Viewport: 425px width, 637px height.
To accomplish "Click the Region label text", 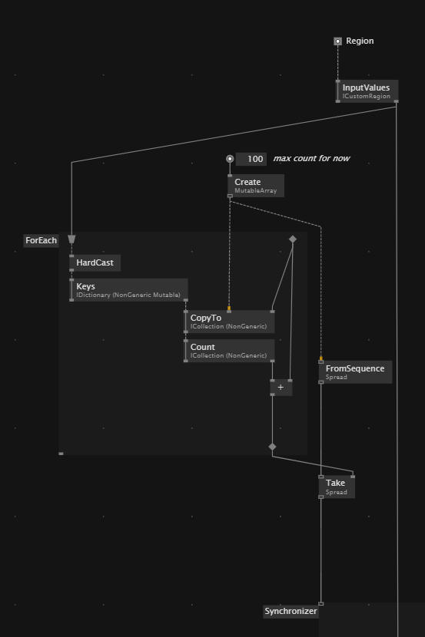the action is click(360, 41).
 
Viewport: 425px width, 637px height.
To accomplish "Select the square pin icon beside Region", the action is click(337, 41).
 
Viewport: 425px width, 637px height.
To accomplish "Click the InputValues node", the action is click(367, 91).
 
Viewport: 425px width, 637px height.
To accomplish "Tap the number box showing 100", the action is click(251, 159).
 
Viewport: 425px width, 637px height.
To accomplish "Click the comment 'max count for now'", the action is click(311, 158).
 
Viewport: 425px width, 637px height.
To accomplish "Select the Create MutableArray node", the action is click(256, 186).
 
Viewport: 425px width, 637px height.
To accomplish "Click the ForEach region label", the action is click(41, 240).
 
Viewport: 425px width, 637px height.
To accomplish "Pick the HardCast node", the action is click(95, 262).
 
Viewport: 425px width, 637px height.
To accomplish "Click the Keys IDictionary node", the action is click(128, 290).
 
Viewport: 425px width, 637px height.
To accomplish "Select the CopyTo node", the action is click(229, 322).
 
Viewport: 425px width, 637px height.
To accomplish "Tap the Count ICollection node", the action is click(229, 351).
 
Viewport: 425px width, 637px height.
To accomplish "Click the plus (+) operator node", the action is click(281, 388).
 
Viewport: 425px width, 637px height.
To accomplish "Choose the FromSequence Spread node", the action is click(356, 372).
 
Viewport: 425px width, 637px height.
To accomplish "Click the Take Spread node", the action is click(337, 487).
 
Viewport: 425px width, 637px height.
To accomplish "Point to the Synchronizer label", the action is click(291, 611).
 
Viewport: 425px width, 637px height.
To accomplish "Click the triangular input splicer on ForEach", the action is click(71, 239).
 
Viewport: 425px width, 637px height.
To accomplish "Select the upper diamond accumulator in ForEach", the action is click(292, 239).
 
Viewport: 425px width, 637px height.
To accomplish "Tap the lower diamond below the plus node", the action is click(273, 447).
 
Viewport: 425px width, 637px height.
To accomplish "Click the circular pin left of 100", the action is click(230, 159).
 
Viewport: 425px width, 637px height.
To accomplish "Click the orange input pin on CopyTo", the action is click(229, 309).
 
